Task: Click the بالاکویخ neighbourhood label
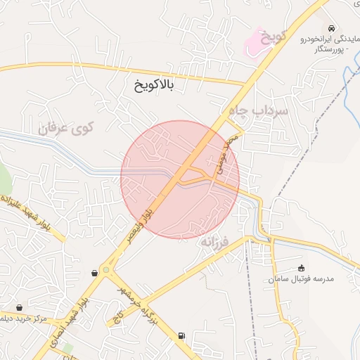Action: (153, 86)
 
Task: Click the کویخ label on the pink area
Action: (271, 37)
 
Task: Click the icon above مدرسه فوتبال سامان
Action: (301, 267)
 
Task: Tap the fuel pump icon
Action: (182, 335)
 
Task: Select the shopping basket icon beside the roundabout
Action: (95, 272)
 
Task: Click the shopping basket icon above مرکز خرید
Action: (19, 307)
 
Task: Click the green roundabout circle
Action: (106, 269)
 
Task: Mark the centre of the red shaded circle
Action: (180, 179)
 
